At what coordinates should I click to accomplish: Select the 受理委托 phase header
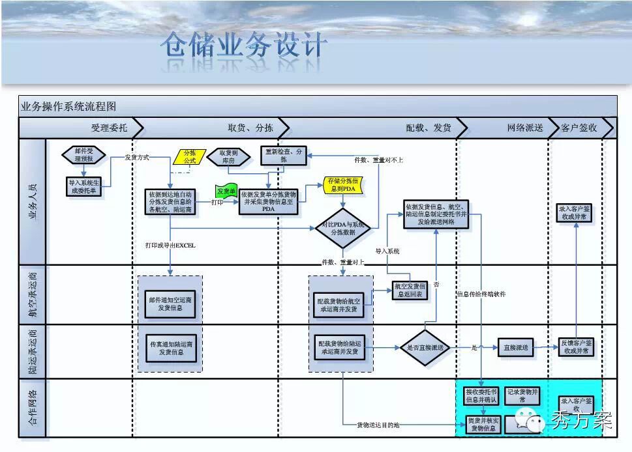109,128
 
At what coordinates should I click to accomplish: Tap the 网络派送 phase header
524,128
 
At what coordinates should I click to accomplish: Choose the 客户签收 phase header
579,128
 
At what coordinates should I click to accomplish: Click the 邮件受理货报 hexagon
83,154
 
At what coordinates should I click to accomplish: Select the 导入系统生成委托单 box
83,187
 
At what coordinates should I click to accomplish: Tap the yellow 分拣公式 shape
189,156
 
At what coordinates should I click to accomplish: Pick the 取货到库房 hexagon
228,156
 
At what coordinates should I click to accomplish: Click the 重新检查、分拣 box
283,155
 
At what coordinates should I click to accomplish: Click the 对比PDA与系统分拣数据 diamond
343,228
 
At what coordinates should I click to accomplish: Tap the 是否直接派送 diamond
425,348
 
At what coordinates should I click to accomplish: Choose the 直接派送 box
516,348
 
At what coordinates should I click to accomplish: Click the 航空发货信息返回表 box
412,290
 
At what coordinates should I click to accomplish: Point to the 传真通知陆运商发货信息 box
171,348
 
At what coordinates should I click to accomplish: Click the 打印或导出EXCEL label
170,246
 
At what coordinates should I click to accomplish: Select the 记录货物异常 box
522,396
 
